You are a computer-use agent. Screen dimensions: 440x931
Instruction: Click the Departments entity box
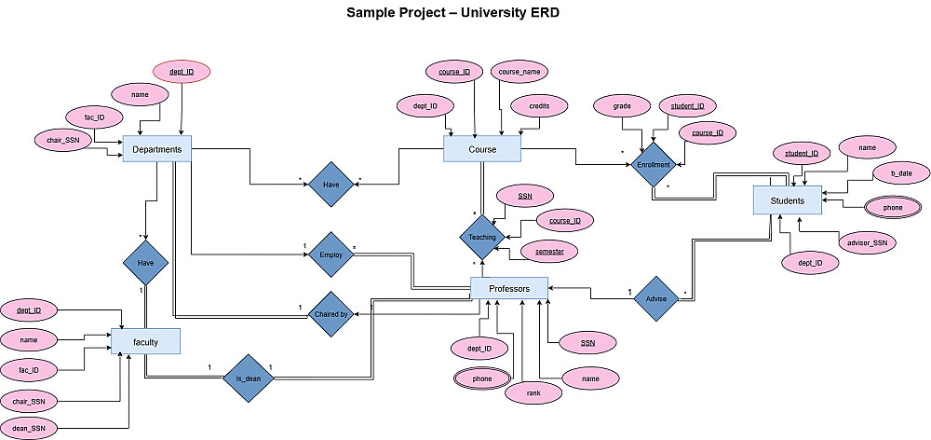[156, 149]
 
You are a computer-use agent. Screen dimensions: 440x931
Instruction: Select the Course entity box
[481, 149]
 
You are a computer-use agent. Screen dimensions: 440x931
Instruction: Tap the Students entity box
[787, 199]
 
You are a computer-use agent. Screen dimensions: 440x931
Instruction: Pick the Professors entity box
[508, 289]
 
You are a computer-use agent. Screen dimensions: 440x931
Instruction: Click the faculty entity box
[145, 342]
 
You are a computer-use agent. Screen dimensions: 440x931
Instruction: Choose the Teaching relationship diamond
[482, 237]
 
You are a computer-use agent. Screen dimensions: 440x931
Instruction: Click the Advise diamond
[655, 298]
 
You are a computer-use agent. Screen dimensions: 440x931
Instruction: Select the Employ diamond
[331, 254]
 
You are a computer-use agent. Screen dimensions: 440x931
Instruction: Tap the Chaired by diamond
[331, 315]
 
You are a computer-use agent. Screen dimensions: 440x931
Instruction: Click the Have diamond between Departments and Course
[331, 186]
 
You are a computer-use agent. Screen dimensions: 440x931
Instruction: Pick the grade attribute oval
[622, 106]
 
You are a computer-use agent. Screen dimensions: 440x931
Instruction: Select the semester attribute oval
[549, 252]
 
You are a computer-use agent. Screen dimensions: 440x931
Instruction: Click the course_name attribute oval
[519, 72]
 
